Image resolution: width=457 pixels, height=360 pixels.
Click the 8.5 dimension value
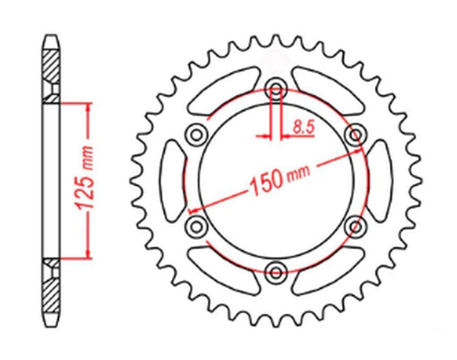tap(303, 128)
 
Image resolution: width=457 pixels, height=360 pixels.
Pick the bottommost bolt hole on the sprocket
tap(276, 270)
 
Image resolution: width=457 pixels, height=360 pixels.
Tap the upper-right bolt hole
tap(356, 134)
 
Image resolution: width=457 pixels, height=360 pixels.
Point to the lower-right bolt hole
tap(356, 225)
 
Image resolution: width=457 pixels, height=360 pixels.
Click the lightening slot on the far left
tap(173, 180)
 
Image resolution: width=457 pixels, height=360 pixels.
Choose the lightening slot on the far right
tap(379, 180)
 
